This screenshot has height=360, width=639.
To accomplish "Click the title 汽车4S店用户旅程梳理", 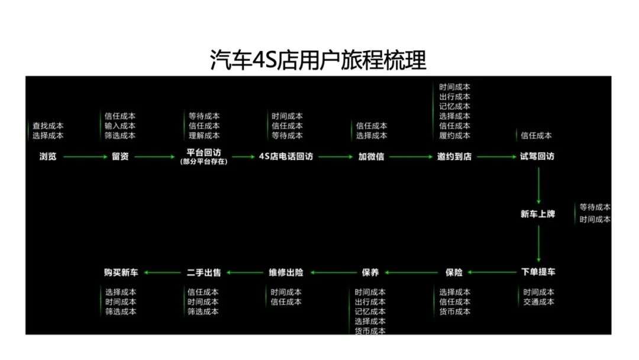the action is tap(318, 60).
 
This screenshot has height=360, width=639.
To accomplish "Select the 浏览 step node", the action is tap(48, 156).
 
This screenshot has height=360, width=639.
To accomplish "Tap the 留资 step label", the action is tap(120, 156).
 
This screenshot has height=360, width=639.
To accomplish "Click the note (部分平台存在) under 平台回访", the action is tap(204, 162).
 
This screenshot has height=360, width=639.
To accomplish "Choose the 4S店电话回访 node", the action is tap(286, 156).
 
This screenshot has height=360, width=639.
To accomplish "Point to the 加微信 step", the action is tap(371, 156).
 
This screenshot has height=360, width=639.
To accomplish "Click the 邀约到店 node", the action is tap(454, 156).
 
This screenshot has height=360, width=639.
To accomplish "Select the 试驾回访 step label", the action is tap(537, 156).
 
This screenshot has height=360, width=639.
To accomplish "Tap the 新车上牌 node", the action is tap(538, 214).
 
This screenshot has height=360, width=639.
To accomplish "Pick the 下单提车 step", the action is tap(538, 272).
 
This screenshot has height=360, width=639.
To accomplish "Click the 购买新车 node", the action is tap(121, 272).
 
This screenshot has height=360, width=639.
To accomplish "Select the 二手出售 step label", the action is tap(204, 272).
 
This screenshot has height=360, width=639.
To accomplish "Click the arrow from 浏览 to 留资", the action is tap(85, 156).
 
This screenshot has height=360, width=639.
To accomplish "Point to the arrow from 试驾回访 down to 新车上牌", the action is tap(539, 185).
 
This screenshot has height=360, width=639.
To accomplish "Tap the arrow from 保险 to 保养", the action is tap(411, 272).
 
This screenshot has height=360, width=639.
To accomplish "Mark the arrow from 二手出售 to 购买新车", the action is tap(162, 272).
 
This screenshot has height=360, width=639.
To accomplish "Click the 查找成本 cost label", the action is tap(48, 126).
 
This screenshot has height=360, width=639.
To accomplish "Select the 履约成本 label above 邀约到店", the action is tap(455, 136).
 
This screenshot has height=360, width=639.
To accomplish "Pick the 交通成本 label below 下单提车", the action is tap(539, 302).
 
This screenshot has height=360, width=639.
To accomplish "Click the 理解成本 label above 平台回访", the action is tap(204, 136).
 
